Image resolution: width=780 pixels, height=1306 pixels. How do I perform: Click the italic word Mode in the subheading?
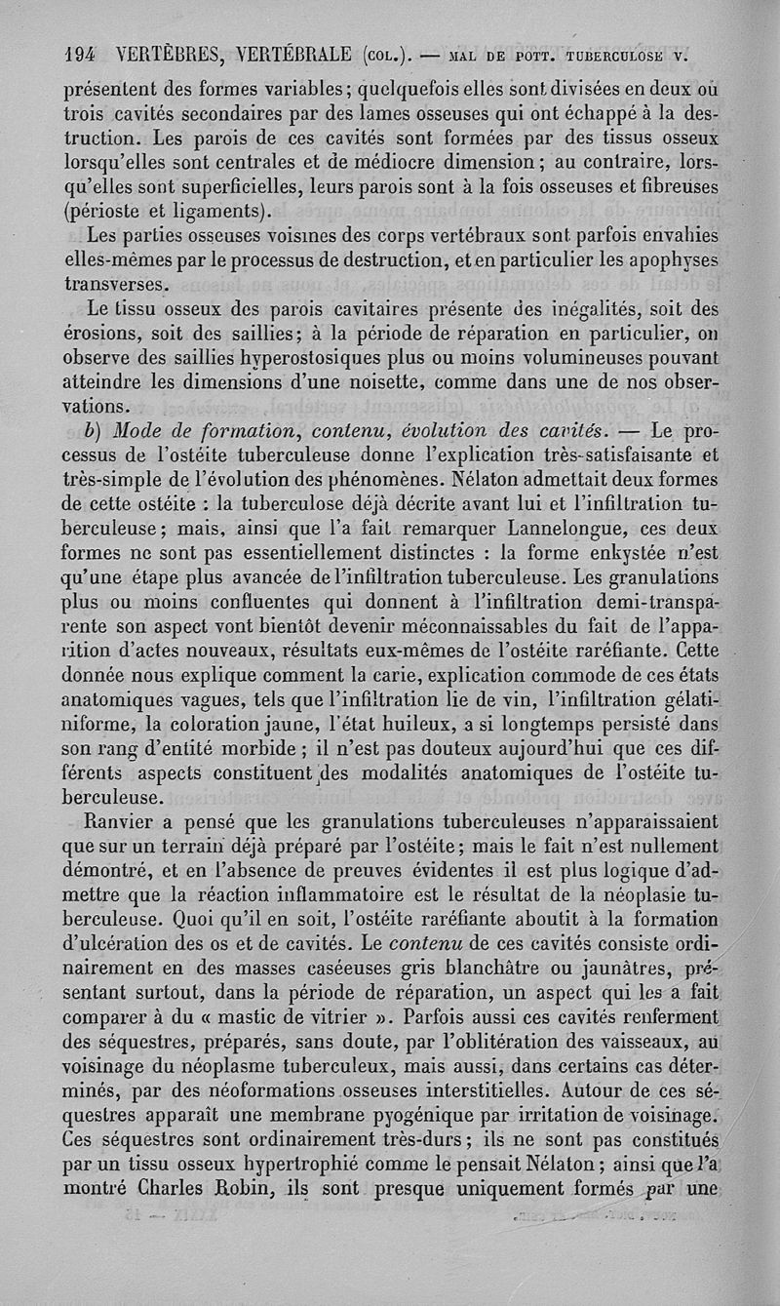coord(141,431)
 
